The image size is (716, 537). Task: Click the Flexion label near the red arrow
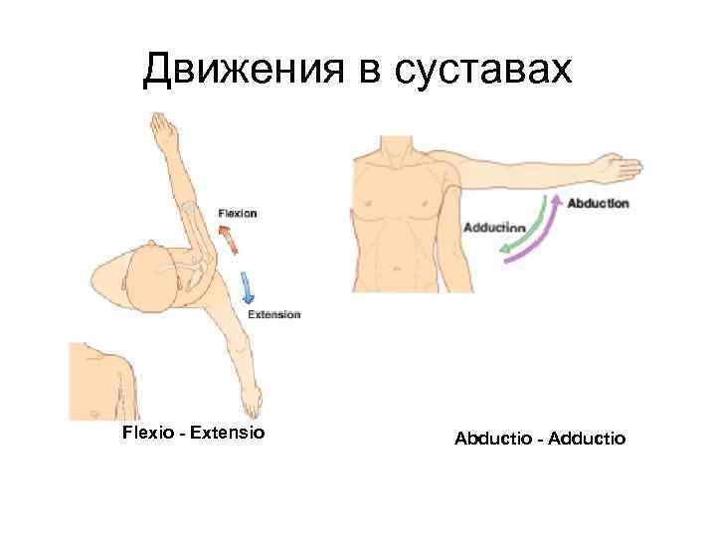[x=238, y=212]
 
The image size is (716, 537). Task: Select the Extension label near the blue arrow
[x=272, y=314]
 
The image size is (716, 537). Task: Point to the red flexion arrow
[x=228, y=239]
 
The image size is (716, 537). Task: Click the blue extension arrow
[x=248, y=287]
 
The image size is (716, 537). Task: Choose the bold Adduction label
[x=494, y=226]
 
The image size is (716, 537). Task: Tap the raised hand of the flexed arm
[x=161, y=129]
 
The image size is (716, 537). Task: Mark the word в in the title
[x=355, y=71]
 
